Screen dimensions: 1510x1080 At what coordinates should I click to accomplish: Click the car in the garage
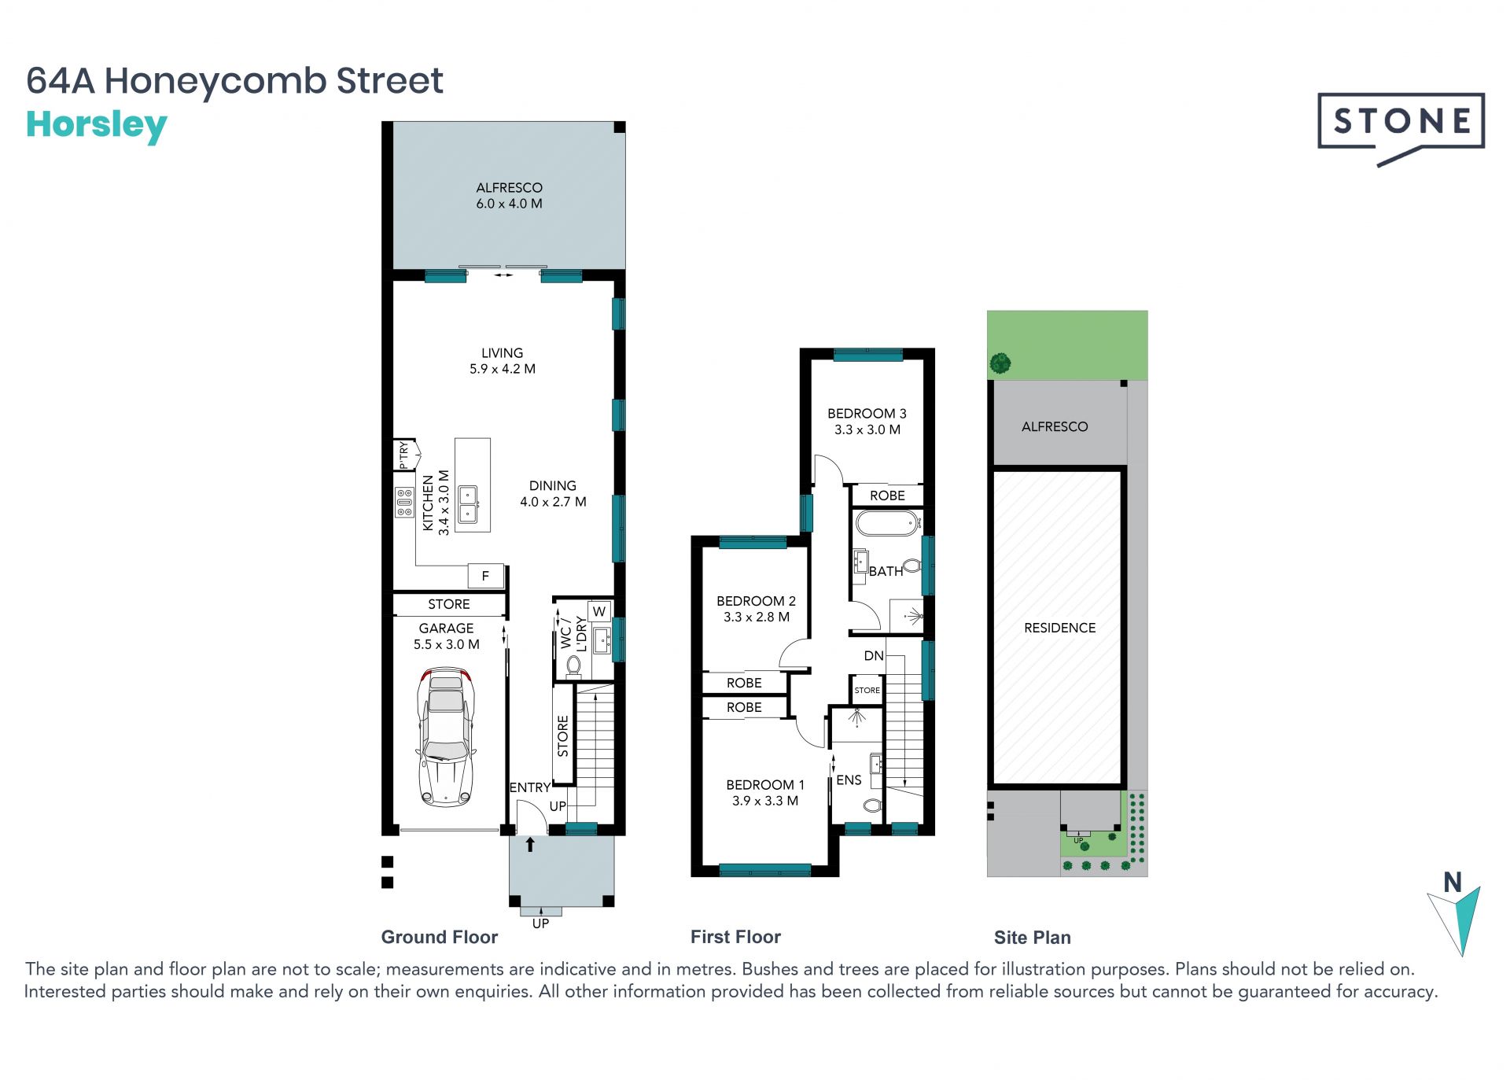coord(446,737)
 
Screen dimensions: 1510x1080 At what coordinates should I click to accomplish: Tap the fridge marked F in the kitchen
coord(485,576)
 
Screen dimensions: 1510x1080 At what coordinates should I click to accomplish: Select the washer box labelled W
coord(599,611)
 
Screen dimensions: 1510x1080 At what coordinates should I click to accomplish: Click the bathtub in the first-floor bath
coord(887,523)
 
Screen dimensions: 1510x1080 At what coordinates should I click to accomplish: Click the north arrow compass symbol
coord(1454,913)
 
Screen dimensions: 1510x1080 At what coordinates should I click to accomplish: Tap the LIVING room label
coord(502,353)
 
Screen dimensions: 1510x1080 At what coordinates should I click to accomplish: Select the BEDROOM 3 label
coord(867,414)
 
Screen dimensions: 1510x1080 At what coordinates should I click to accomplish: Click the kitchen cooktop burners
coord(404,502)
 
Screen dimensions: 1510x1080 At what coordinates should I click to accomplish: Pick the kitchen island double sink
coord(468,504)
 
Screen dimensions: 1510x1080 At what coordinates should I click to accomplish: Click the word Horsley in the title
coord(97,126)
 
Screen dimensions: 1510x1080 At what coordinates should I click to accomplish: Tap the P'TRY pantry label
coord(403,455)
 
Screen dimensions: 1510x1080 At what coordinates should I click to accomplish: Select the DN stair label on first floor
coord(874,655)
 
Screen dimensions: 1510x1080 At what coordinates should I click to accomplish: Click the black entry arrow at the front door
coord(530,844)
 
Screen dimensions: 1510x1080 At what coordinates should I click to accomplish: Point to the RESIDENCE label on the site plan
coord(1059,628)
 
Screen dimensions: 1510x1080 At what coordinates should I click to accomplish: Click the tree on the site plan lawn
coord(1000,363)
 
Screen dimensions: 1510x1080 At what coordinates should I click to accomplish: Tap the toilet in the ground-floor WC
coord(573,667)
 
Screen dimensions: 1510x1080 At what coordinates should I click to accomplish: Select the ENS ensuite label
coord(849,780)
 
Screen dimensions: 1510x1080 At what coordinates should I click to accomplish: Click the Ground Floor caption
coord(440,937)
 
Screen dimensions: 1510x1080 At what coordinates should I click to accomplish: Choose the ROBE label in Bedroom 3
coord(887,496)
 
